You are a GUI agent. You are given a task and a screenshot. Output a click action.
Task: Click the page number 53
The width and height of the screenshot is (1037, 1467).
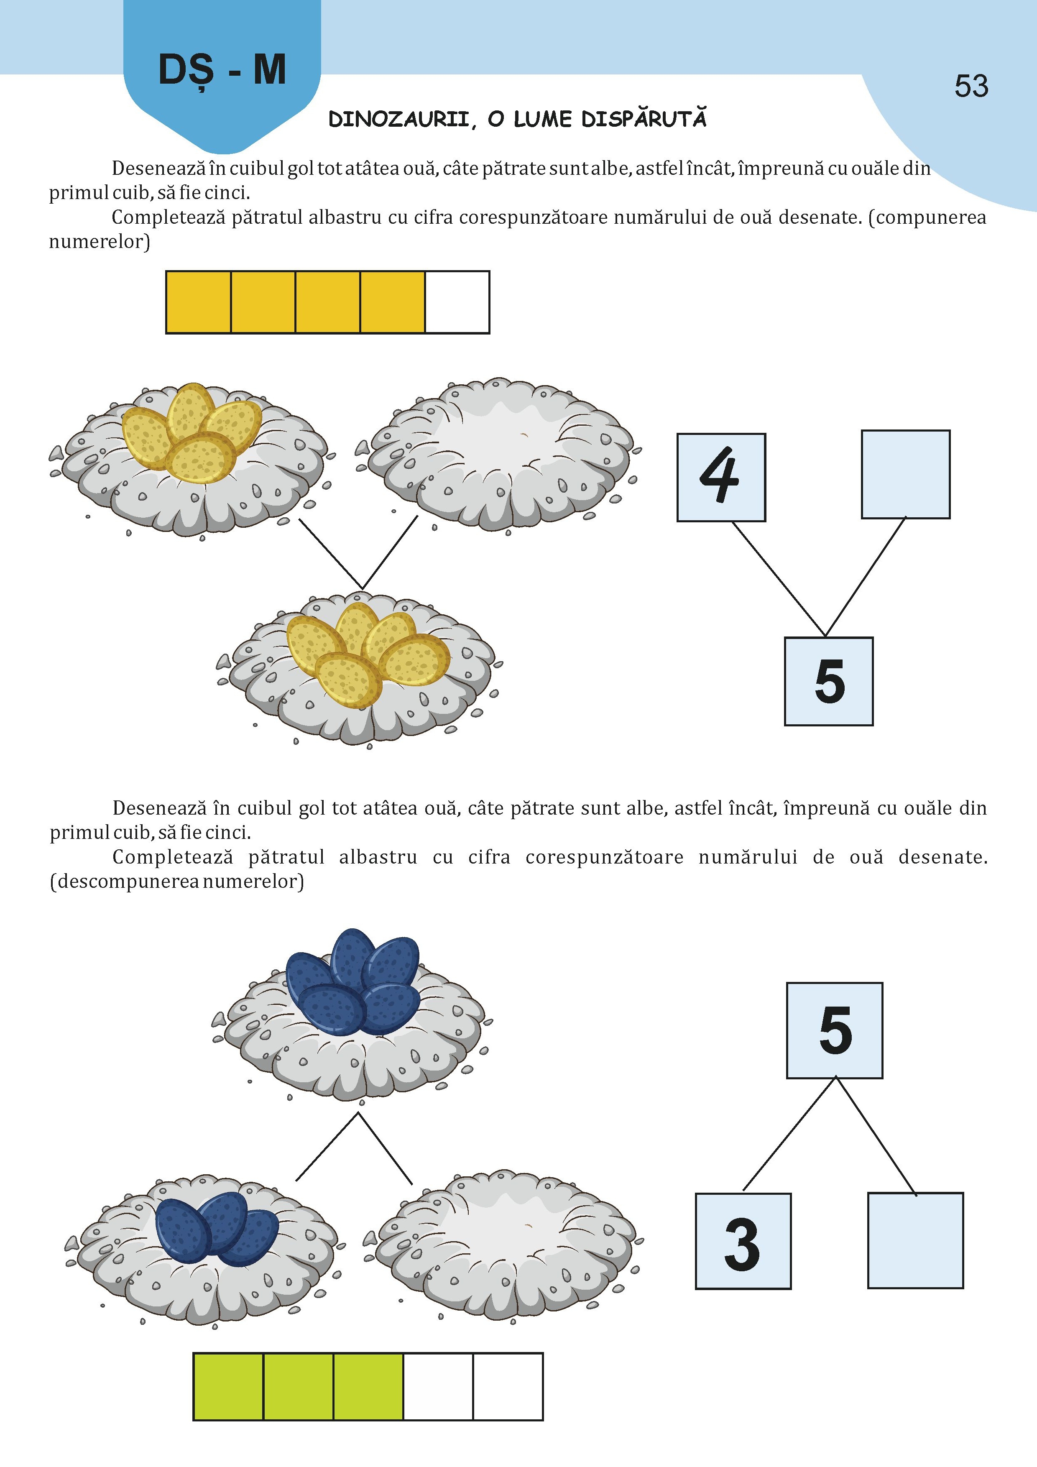click(971, 86)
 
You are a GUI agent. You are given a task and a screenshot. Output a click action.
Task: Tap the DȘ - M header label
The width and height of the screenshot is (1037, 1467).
click(222, 70)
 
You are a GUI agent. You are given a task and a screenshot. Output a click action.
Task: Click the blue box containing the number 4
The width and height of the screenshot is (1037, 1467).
click(721, 477)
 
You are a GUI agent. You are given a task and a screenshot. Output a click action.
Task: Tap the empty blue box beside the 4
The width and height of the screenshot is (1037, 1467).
click(905, 474)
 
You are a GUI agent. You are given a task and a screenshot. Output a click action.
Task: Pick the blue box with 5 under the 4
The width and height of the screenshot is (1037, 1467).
click(829, 681)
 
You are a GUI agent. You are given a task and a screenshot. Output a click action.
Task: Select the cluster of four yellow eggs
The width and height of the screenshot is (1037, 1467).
click(192, 432)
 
